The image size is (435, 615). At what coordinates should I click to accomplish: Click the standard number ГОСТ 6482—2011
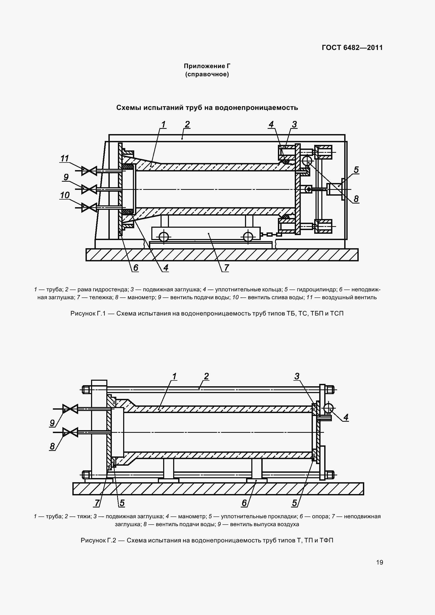(352, 48)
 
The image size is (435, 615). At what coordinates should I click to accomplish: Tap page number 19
(379, 562)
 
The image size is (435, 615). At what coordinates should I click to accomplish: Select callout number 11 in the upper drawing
(64, 158)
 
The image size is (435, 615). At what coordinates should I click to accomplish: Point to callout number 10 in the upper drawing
(65, 195)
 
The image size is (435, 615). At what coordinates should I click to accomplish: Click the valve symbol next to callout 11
(89, 171)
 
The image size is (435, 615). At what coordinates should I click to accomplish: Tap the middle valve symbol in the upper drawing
(89, 189)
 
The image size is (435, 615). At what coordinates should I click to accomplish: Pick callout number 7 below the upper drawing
(227, 267)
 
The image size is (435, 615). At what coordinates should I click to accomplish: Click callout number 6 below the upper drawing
(136, 267)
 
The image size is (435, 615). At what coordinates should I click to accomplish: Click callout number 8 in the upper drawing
(356, 199)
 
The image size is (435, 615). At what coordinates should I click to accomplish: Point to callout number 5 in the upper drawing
(356, 170)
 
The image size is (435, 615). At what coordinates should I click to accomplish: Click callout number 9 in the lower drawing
(52, 423)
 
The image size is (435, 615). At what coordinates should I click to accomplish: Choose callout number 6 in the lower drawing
(244, 503)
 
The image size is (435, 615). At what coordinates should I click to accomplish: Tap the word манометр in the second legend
(192, 516)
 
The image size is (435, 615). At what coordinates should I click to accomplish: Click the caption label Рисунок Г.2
(98, 540)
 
